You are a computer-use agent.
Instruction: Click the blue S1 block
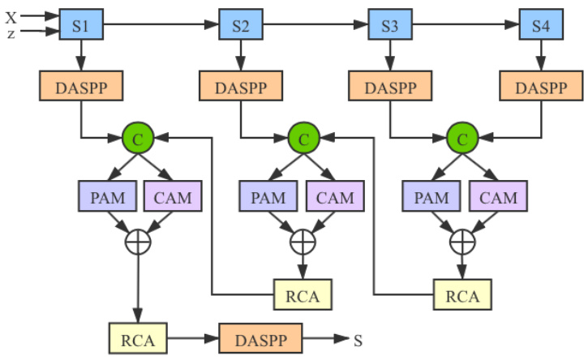click(80, 26)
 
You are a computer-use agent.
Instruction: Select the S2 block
click(241, 26)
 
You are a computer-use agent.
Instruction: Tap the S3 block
click(390, 26)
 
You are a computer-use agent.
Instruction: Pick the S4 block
click(540, 26)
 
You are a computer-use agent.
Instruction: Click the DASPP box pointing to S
click(260, 337)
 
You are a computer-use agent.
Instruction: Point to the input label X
click(11, 15)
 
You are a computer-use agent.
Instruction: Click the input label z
click(11, 33)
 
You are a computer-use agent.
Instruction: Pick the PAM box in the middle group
click(268, 196)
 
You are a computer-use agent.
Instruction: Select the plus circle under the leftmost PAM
click(139, 240)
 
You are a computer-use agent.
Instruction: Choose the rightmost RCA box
click(462, 295)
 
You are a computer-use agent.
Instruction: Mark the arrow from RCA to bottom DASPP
click(191, 337)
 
